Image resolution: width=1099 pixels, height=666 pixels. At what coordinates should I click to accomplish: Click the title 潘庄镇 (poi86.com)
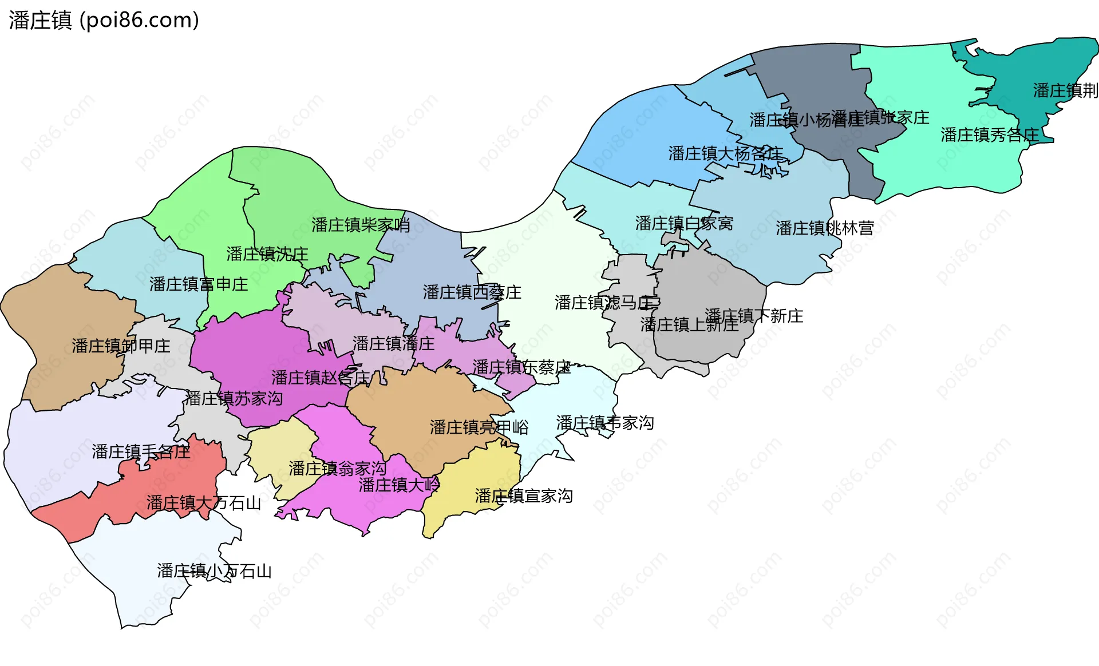coord(104,21)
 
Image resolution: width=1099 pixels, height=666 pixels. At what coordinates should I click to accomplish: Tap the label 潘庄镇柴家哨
coord(361,225)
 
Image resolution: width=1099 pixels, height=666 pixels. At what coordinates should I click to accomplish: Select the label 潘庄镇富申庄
coord(199,284)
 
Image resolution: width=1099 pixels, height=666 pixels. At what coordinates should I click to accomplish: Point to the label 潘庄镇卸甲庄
coord(121,346)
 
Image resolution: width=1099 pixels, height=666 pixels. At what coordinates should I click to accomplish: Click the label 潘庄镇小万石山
coord(214,570)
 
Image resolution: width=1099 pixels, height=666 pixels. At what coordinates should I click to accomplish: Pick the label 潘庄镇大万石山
coord(203,503)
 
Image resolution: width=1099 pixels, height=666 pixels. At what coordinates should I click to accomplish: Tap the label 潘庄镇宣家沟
coord(524,495)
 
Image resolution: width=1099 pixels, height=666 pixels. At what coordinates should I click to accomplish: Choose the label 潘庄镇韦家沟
coord(605,423)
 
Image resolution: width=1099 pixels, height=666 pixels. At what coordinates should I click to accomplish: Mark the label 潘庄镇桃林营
coord(825,228)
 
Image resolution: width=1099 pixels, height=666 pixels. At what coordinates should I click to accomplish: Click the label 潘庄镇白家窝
coord(684,223)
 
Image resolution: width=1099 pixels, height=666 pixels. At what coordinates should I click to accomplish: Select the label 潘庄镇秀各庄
coord(990,135)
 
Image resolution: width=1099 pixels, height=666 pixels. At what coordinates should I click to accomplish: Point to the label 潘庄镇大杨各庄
coord(726,153)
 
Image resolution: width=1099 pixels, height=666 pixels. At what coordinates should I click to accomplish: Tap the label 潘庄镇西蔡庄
coord(472,292)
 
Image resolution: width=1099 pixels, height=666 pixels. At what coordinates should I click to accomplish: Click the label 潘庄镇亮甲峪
coord(479,427)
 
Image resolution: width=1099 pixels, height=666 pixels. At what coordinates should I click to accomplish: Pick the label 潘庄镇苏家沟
coord(234,398)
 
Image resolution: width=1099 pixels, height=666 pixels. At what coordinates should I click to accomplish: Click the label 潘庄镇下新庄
coord(754,316)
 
